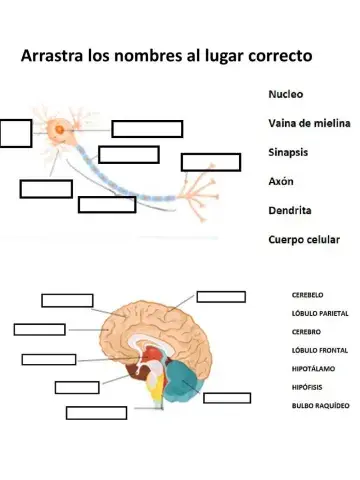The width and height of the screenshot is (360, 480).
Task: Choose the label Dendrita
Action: (290, 211)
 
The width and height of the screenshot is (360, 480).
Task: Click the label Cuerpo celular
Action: (304, 240)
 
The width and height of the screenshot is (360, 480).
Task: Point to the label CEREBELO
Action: (308, 295)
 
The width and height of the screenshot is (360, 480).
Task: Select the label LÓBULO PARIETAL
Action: (319, 313)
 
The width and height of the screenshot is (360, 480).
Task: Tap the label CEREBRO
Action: (306, 331)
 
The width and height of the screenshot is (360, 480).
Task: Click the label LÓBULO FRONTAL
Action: (319, 350)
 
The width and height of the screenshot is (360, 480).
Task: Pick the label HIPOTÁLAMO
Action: (313, 368)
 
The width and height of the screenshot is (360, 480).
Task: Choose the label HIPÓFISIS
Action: (308, 387)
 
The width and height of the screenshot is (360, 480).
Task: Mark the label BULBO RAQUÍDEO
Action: (320, 406)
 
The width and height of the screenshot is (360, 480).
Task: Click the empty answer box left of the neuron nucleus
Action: (16, 132)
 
